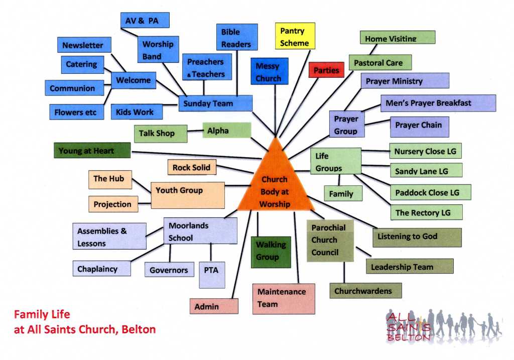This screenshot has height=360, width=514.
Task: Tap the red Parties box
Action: tap(326, 70)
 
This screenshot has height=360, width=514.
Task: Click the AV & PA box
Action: tap(145, 20)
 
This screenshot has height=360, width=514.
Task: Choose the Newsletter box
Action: tap(83, 45)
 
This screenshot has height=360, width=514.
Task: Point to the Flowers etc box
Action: tap(76, 112)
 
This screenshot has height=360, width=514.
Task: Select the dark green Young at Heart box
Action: tap(92, 151)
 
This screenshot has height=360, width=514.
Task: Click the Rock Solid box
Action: tap(192, 167)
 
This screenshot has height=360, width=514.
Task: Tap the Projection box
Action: tap(112, 204)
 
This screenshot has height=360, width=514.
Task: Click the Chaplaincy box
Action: tap(101, 269)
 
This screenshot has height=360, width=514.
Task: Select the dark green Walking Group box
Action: tap(271, 251)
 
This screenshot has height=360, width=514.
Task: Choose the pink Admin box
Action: tap(214, 306)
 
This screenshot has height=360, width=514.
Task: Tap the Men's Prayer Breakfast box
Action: tap(438, 103)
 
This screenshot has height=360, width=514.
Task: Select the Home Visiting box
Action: tap(398, 38)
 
